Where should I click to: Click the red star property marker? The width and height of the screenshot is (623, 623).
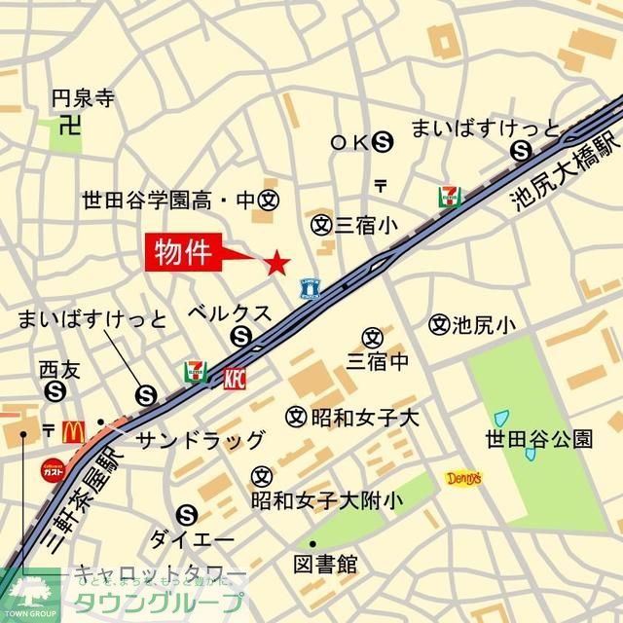(277, 261)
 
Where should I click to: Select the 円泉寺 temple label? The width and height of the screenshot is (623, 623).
(83, 97)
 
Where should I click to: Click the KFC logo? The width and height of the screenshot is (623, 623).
(236, 378)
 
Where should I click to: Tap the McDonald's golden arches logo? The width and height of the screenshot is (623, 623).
(74, 431)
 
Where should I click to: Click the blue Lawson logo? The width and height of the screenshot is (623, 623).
(311, 287)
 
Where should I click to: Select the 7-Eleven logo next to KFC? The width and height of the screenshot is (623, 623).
(196, 373)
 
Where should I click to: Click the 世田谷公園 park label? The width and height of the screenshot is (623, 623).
(538, 439)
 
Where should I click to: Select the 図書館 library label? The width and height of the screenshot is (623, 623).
(325, 564)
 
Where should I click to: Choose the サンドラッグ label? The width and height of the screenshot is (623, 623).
(200, 439)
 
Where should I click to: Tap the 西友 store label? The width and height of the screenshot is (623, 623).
(55, 368)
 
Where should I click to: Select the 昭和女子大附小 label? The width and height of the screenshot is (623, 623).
(325, 501)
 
